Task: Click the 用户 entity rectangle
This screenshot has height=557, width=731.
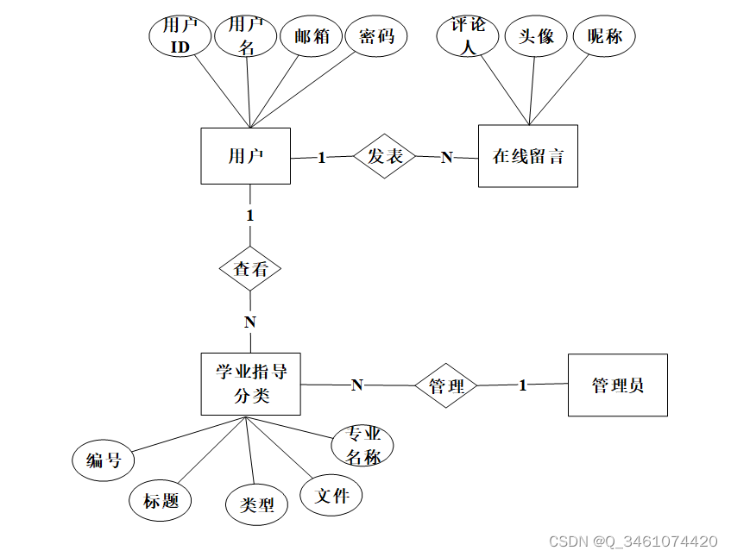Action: pyautogui.click(x=246, y=156)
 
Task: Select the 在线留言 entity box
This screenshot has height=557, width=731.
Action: pyautogui.click(x=527, y=156)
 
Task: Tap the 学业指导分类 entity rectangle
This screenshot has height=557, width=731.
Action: pyautogui.click(x=251, y=384)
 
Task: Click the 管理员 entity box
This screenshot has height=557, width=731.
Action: pyautogui.click(x=617, y=385)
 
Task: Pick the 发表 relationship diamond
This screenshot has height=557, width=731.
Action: pyautogui.click(x=385, y=156)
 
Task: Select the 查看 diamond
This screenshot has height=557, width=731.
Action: pyautogui.click(x=250, y=269)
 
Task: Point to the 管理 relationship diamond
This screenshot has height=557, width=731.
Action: pyautogui.click(x=446, y=386)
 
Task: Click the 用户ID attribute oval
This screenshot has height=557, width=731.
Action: pyautogui.click(x=180, y=37)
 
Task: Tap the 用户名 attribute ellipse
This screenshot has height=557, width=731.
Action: pyautogui.click(x=246, y=37)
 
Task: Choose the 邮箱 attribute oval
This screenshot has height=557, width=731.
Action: pyautogui.click(x=312, y=37)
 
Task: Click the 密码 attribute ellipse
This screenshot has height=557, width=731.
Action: pyautogui.click(x=376, y=37)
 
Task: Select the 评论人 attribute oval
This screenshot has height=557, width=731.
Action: pyautogui.click(x=469, y=37)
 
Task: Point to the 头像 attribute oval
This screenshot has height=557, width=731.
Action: pyautogui.click(x=536, y=37)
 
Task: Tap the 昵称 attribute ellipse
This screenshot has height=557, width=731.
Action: pyautogui.click(x=604, y=37)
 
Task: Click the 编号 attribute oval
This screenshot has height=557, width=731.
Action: pyautogui.click(x=104, y=460)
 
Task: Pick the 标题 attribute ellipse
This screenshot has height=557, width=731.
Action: pyautogui.click(x=161, y=501)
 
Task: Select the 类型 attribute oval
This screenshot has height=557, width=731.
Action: pyautogui.click(x=256, y=505)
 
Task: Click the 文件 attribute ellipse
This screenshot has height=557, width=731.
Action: pyautogui.click(x=331, y=496)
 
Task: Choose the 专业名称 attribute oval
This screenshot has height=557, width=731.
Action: pyautogui.click(x=363, y=447)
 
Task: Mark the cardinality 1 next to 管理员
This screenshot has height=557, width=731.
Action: pyautogui.click(x=522, y=385)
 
